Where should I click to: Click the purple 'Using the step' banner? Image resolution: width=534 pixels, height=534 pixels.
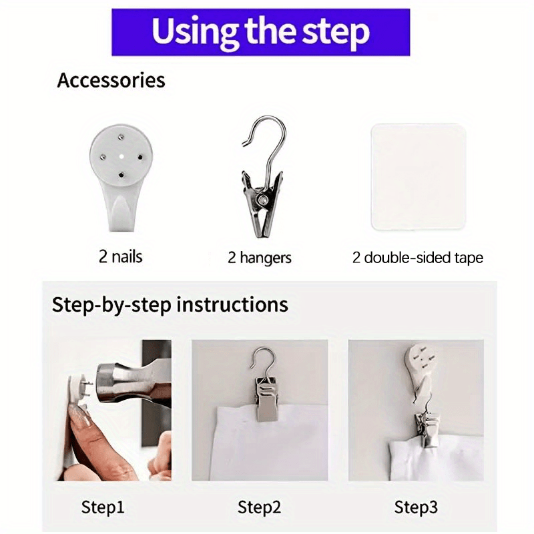tap(260, 32)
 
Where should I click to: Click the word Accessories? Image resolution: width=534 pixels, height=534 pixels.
tap(111, 80)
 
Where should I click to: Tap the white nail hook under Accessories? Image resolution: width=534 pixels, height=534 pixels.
tap(121, 177)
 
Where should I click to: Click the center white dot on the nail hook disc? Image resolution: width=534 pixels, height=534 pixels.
tap(121, 157)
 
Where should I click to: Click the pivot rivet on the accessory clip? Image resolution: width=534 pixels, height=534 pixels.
tap(262, 200)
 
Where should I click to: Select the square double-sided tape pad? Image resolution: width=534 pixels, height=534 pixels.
tap(419, 177)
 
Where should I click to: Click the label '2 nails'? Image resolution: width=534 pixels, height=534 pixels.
tap(121, 256)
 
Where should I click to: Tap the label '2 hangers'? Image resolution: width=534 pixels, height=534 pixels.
tap(260, 258)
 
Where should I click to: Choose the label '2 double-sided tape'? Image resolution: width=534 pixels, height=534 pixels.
tap(418, 258)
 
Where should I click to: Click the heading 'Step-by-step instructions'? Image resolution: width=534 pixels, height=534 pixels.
tap(170, 304)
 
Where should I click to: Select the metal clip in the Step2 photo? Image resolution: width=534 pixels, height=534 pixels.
tap(266, 398)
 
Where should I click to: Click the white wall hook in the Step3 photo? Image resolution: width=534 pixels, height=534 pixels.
tap(420, 371)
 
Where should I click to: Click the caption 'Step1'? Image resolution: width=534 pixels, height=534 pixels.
tap(103, 507)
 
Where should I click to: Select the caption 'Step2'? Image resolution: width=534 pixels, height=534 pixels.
tap(260, 507)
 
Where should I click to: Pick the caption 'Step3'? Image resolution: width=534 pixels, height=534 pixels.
tap(416, 507)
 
